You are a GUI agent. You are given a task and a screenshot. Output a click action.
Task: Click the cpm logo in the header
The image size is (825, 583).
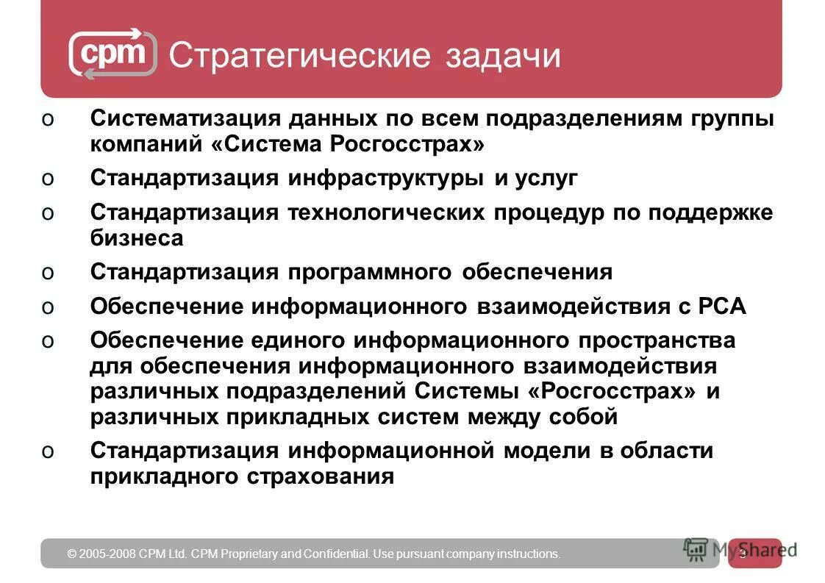(113, 54)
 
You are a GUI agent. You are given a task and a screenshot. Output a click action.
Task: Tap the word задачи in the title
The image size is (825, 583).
(502, 56)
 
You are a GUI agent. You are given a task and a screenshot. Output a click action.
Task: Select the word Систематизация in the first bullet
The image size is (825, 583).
(185, 118)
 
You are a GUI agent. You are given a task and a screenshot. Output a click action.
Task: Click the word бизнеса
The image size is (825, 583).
(137, 237)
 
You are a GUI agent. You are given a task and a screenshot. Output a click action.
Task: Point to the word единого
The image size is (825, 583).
(299, 341)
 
